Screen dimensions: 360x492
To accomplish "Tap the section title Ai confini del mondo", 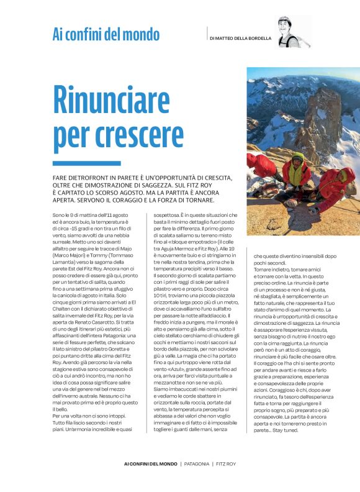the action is [x=106, y=34].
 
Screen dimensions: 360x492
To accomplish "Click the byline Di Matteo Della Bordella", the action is [x=240, y=39].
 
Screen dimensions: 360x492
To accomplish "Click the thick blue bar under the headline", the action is [x=78, y=163].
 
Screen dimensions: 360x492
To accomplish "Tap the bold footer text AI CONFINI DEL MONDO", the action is [x=150, y=463].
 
